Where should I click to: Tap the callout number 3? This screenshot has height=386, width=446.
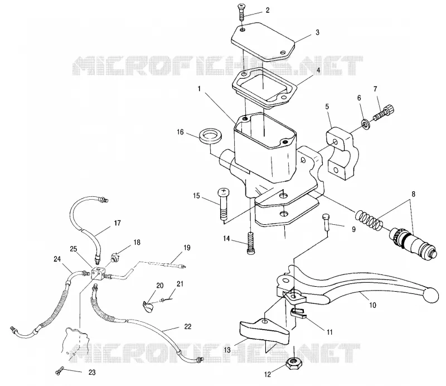click(317, 32)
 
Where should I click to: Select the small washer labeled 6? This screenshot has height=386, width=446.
click(366, 124)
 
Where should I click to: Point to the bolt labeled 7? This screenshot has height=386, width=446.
click(384, 113)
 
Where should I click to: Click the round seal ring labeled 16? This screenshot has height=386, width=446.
click(211, 136)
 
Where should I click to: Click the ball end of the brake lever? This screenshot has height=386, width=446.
click(431, 295)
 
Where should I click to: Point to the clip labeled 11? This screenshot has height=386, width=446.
click(298, 313)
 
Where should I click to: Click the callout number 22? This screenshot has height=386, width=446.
click(188, 327)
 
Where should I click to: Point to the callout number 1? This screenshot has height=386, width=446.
click(199, 89)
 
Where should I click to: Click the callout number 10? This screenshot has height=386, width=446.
click(372, 305)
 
